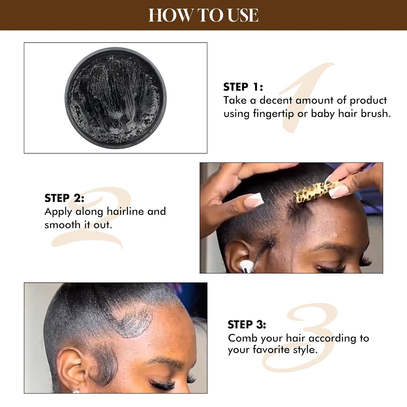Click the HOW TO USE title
pos(203,15)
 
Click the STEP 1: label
pos(243,87)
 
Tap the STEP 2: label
pos(64,198)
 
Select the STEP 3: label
pos(247,325)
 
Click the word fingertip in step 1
pos(273,114)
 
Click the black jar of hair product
pos(116,98)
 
